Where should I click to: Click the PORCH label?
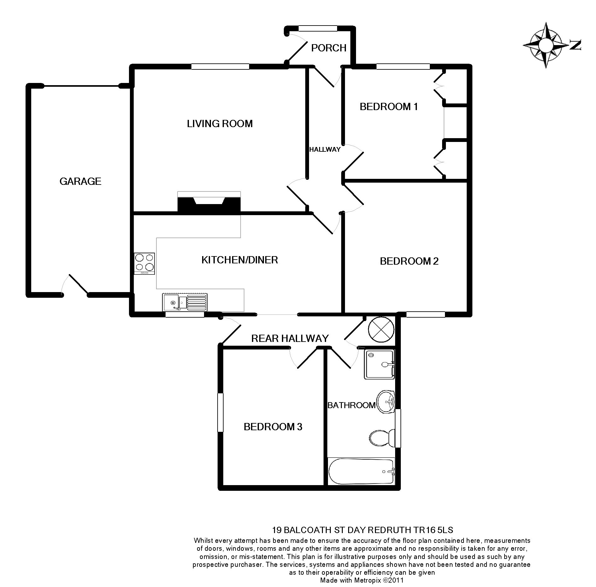(x=329, y=48)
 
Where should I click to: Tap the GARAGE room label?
(x=80, y=181)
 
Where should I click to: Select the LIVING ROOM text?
(x=220, y=124)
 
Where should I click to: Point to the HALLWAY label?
(x=325, y=150)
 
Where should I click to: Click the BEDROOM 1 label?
(x=389, y=107)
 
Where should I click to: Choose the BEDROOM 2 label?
(x=409, y=261)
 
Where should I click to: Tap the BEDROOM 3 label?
(x=273, y=427)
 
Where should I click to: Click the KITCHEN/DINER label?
(x=240, y=260)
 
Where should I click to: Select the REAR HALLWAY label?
(x=290, y=338)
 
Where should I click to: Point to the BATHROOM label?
(x=351, y=405)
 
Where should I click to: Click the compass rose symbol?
(x=546, y=45)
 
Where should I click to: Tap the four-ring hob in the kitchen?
(x=144, y=263)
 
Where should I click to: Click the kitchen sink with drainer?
(x=185, y=302)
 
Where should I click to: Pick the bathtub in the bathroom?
(x=361, y=471)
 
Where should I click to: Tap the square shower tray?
(x=379, y=364)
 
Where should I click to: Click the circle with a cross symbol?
(x=381, y=330)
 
